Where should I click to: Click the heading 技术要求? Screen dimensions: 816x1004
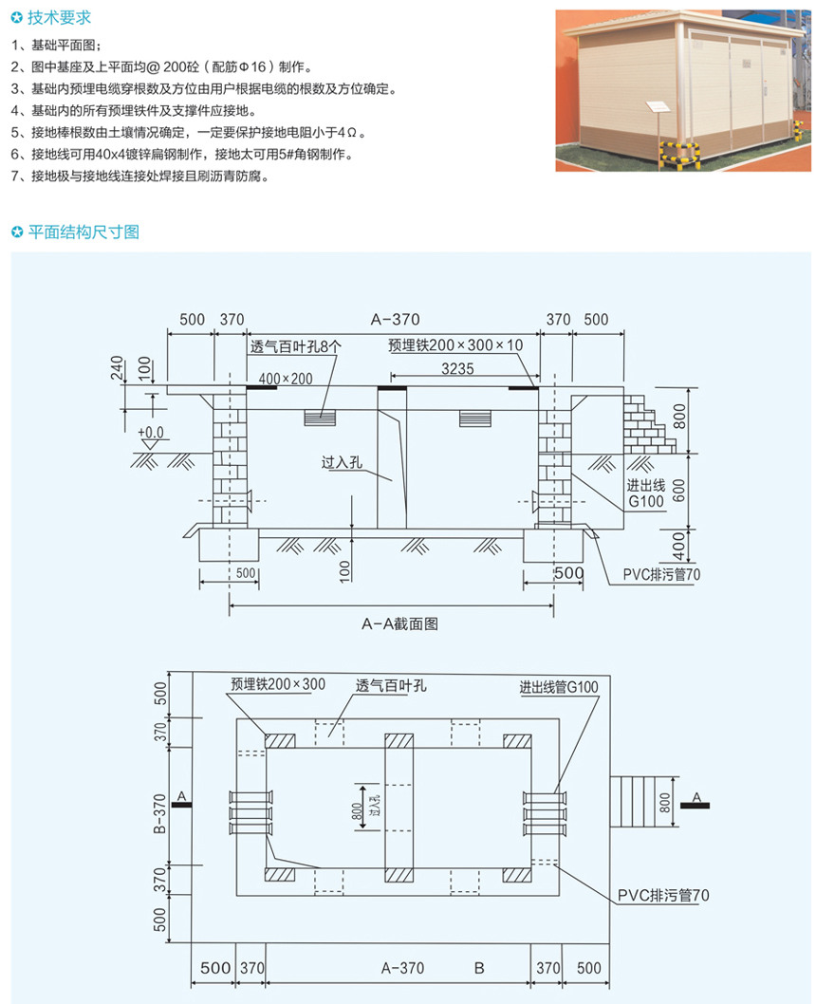pos(59,18)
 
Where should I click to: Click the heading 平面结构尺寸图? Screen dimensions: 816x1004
pos(83,232)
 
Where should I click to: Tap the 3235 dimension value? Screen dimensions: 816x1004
pos(457,369)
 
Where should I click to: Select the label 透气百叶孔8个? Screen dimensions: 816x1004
pos(296,346)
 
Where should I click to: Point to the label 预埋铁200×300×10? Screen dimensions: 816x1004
pos(455,345)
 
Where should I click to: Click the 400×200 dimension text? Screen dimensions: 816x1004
pos(286,379)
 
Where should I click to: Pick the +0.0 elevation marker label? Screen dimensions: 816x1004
pos(151,433)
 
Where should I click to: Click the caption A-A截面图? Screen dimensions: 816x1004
pos(400,623)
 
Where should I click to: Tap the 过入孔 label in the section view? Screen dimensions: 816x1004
pos(342,462)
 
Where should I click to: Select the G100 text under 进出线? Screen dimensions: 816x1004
pos(646,501)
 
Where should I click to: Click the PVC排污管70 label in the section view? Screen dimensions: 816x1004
pos(661,574)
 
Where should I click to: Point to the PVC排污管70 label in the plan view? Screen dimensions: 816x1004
pos(663,895)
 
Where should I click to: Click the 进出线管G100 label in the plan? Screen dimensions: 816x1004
pos(559,688)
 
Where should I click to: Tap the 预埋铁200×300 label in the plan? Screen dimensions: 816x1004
pos(278,684)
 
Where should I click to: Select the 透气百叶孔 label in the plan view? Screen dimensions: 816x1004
pos(391,686)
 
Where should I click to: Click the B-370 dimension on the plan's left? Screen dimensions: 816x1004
pos(160,813)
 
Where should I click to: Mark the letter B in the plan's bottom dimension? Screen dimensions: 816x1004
pos(479,968)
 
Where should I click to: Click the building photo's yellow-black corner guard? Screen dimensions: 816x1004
pos(679,155)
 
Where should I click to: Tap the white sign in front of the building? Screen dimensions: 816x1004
pos(658,107)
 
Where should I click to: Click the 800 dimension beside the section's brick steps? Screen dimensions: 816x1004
pos(679,417)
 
